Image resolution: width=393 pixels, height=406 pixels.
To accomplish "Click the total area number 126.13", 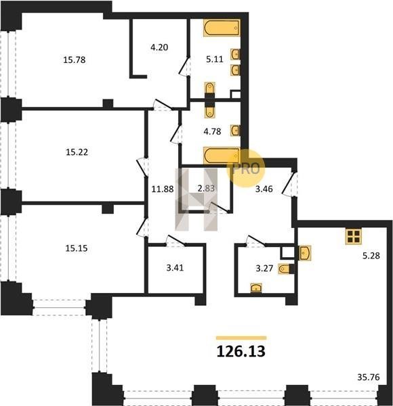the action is click(x=241, y=352).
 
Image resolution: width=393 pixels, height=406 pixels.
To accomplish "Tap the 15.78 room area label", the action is click(x=75, y=60).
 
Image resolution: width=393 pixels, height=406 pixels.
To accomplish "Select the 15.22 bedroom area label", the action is click(x=77, y=152).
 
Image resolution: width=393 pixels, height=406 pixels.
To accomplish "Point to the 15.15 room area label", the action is click(x=77, y=248).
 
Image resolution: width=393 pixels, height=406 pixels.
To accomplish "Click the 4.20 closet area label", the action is click(x=159, y=47).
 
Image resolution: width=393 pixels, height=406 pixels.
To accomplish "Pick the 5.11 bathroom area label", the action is click(x=215, y=60).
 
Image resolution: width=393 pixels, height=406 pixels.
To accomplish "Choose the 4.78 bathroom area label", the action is click(x=212, y=131).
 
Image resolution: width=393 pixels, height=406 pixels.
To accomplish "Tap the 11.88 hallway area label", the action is click(x=163, y=189).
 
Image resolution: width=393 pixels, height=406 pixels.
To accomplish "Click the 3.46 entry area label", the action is click(x=264, y=189).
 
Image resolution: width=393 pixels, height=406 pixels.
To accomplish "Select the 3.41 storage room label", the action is click(x=175, y=267).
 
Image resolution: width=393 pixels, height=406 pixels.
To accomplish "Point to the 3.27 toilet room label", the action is click(x=264, y=268).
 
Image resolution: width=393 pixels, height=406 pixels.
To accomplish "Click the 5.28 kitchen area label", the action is click(x=371, y=256).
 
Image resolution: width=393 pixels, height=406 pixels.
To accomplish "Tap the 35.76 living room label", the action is click(x=369, y=378).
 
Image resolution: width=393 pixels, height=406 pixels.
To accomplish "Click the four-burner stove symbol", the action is click(x=354, y=236).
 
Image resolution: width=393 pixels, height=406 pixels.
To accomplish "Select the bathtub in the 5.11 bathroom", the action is click(x=222, y=28).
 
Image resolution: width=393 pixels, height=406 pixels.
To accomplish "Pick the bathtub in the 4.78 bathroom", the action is click(x=222, y=156).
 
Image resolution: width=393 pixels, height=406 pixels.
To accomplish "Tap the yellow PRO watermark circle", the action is click(x=246, y=168).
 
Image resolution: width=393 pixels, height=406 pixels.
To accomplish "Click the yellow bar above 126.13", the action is click(x=241, y=338).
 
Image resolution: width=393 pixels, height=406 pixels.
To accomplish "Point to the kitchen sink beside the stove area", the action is click(x=304, y=252).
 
